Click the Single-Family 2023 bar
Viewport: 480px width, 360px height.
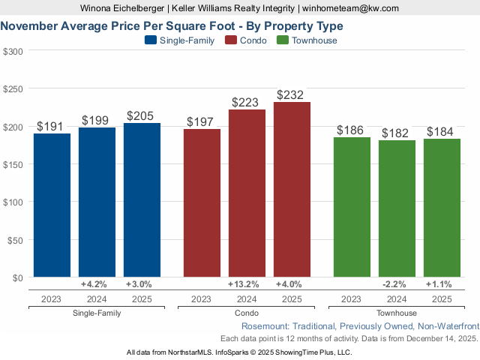coord(52,206)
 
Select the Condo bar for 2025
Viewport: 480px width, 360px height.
coord(292,190)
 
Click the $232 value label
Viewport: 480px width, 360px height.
coord(292,95)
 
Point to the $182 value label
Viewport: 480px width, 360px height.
coord(397,133)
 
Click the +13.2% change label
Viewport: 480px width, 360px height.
coord(247,284)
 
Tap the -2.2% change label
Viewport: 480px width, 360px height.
coord(397,284)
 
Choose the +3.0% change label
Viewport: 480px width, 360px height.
coord(142,284)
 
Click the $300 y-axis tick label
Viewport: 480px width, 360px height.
coord(13,51)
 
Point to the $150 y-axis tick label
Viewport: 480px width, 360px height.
coord(13,164)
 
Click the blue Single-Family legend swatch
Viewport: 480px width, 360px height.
coord(150,40)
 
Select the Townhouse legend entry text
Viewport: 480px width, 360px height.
coord(314,40)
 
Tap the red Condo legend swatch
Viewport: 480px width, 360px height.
coord(230,40)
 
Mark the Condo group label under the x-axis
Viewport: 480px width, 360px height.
coord(247,313)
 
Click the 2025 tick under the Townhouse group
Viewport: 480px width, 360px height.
coord(442,299)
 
